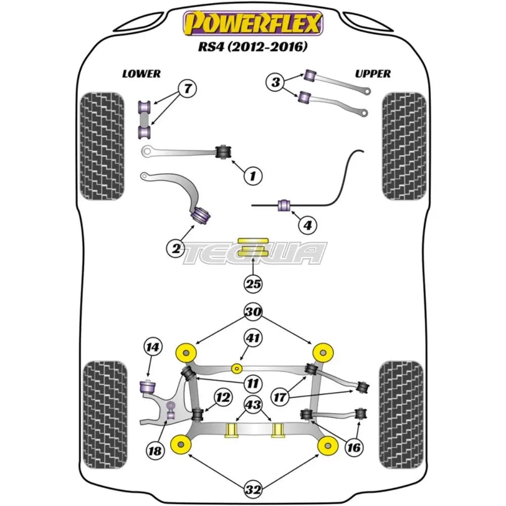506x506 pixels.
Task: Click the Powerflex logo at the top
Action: tap(253, 23)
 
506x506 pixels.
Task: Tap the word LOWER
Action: tap(141, 74)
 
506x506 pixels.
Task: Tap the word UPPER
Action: tap(372, 74)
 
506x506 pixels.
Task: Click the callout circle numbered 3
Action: tap(276, 82)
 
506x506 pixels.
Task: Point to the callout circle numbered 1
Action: tap(252, 176)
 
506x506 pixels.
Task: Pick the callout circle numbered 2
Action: tap(176, 247)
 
